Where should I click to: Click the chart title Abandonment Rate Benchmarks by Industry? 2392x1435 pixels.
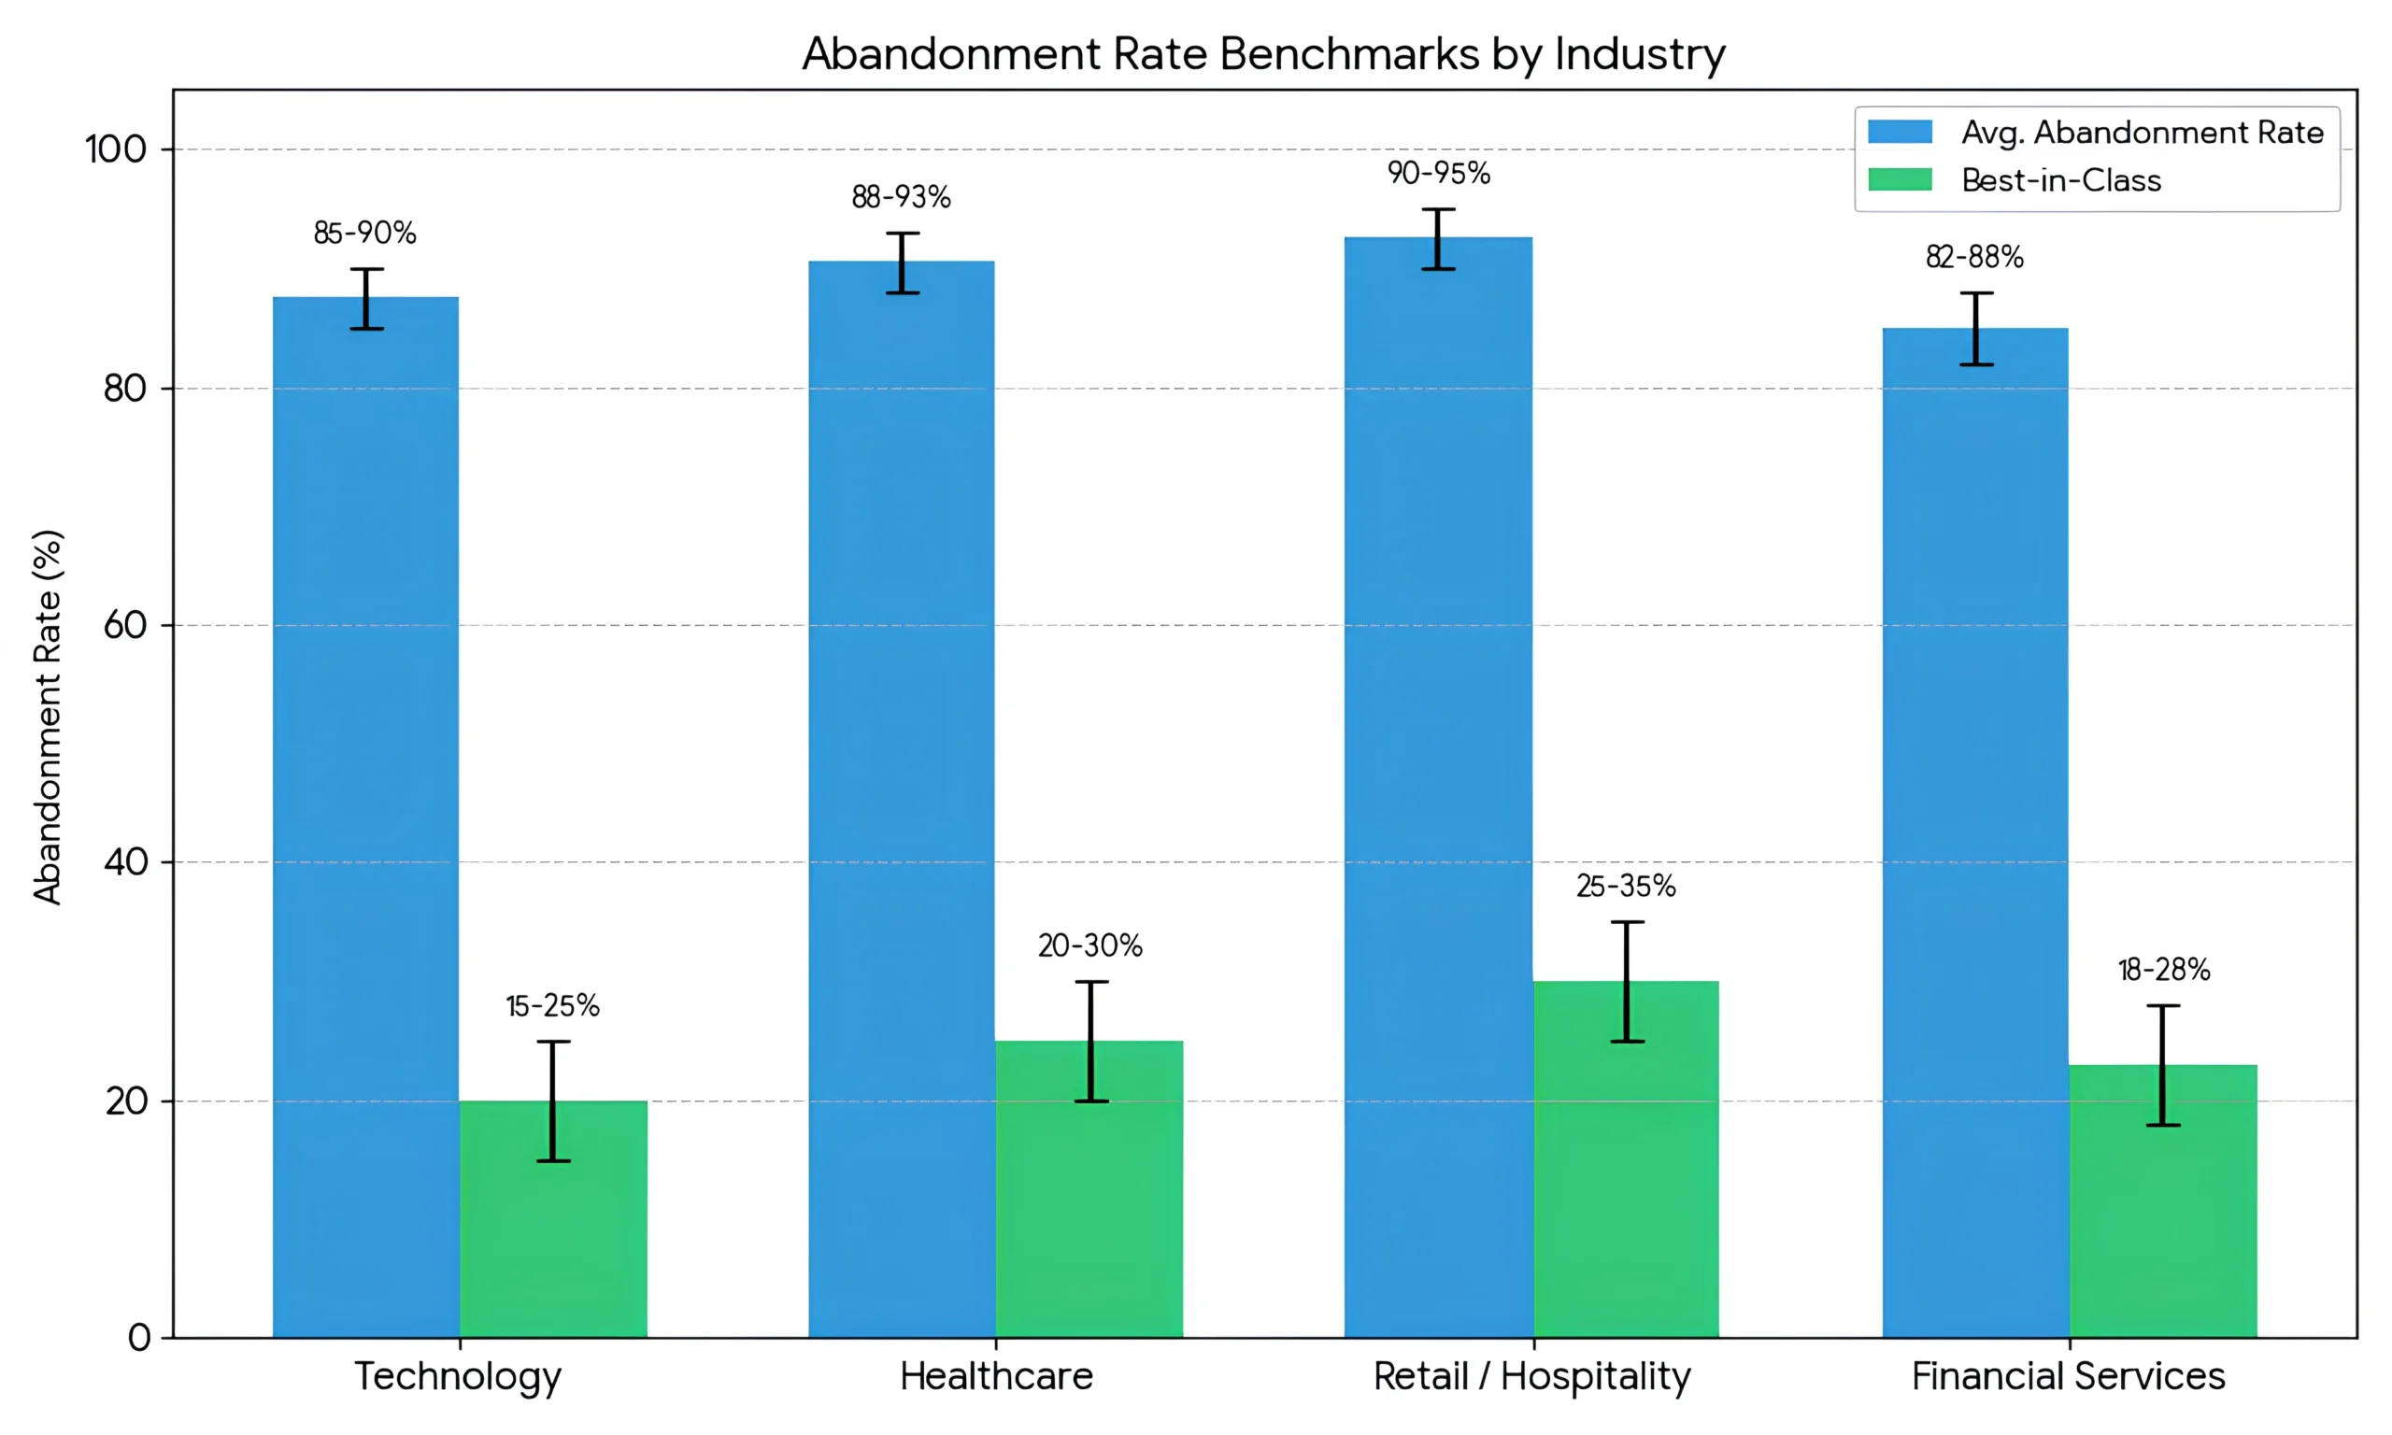coord(1262,53)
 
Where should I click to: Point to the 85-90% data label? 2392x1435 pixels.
coord(364,233)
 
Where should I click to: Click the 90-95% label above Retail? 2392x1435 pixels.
coord(1439,173)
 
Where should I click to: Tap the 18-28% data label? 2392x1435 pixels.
coord(2164,970)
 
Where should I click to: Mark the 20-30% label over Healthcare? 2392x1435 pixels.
coord(1089,945)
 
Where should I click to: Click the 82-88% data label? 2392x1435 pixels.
coord(1974,257)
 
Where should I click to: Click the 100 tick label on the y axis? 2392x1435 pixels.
coord(115,149)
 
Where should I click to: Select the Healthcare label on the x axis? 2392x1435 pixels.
coord(996,1376)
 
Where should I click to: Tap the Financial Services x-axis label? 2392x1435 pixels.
coord(2068,1376)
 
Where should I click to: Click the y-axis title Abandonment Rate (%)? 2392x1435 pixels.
coord(48,716)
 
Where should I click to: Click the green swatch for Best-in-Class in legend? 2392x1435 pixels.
coord(1899,180)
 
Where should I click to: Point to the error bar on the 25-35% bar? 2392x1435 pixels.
coord(1628,982)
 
